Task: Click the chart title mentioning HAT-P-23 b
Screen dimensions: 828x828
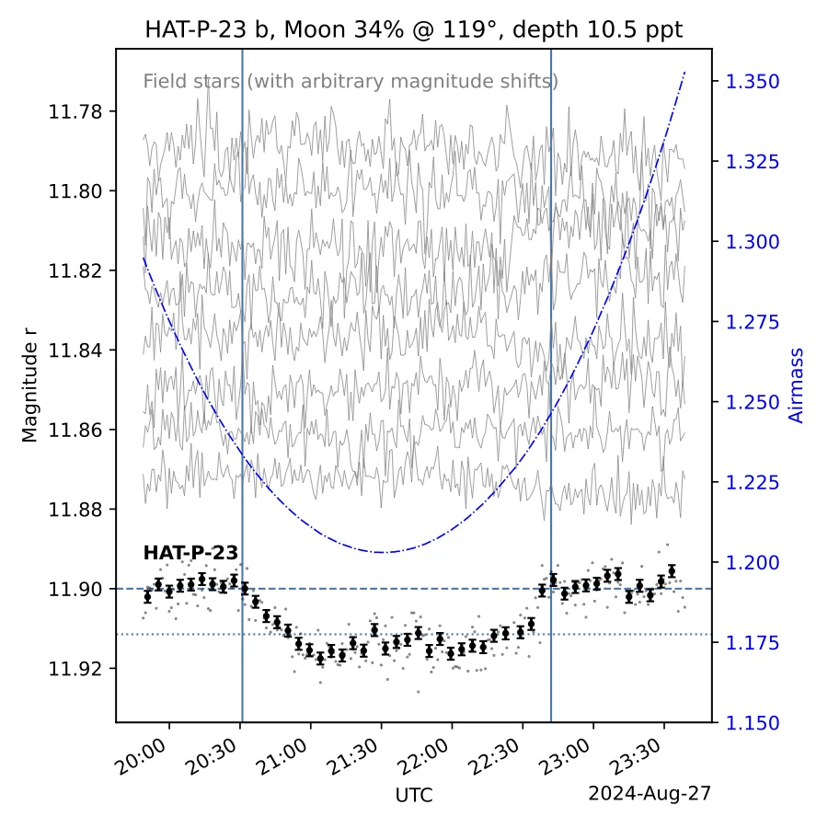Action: (x=414, y=29)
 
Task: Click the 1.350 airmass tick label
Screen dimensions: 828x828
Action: (x=753, y=82)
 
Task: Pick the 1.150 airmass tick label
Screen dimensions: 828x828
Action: (x=753, y=723)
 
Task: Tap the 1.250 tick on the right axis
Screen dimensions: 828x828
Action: (x=753, y=403)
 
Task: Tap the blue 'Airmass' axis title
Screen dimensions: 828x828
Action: (x=797, y=385)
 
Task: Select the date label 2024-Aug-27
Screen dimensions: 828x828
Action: (x=650, y=792)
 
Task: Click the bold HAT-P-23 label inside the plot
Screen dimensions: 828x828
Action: (x=190, y=553)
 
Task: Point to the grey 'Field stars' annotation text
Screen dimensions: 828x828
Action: (x=351, y=81)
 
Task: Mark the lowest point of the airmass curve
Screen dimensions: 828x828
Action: (x=383, y=552)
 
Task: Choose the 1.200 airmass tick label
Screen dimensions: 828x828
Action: (x=753, y=563)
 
